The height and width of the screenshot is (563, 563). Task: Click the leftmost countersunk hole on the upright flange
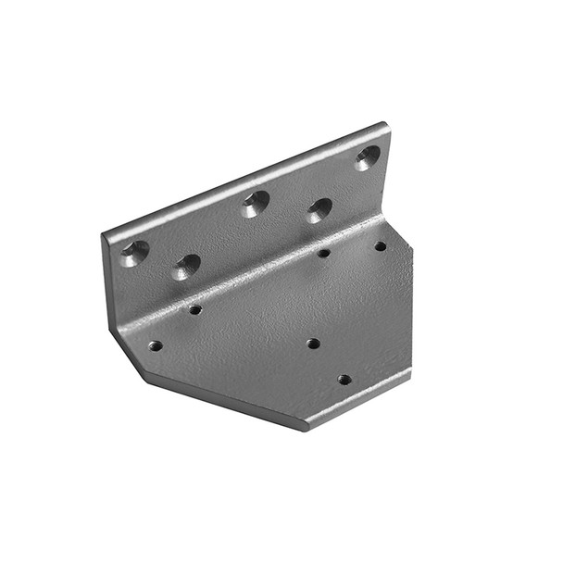pos(134,252)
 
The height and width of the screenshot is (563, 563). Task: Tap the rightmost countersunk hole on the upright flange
pos(367,156)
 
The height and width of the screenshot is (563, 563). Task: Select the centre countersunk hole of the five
pos(255,203)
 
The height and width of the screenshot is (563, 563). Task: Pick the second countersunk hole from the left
pos(186,267)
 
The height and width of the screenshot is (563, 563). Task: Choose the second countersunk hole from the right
pos(319,210)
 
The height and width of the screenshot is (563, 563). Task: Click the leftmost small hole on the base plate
pos(155,345)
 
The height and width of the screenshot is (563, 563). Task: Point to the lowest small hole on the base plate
pos(344,379)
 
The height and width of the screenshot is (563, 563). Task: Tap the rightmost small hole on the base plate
pos(380,246)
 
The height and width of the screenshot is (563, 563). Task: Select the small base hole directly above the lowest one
pos(313,344)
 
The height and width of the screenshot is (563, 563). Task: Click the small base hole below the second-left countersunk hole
pos(195,309)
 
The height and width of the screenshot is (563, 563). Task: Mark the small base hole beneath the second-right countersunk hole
pos(323,253)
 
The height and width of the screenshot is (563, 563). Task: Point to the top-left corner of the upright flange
pos(104,237)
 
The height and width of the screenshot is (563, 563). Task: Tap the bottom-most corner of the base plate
pos(304,428)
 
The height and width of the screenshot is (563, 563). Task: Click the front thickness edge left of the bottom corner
pos(222,400)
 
